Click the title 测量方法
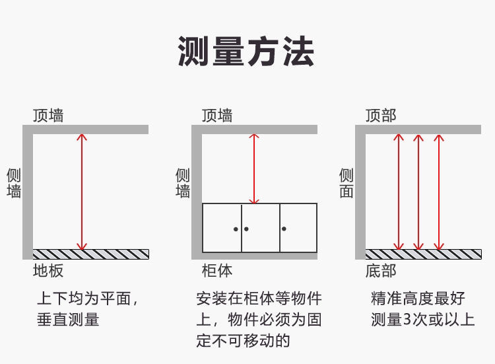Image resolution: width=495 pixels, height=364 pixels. pos(246,52)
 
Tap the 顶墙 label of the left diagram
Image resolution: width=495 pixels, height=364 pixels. pos(48,115)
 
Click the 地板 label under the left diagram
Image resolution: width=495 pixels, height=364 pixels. pos(48,270)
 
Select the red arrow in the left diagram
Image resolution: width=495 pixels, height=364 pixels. pos(82,192)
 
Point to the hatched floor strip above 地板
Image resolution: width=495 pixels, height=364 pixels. pos(91,254)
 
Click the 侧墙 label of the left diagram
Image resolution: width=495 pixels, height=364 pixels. pos(14,183)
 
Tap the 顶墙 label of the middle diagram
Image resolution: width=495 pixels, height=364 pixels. pos(217,115)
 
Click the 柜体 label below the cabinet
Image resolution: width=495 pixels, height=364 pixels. pos(217,270)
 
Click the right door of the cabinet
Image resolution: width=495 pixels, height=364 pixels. pos(298,228)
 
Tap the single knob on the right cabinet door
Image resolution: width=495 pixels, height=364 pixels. pos(284,229)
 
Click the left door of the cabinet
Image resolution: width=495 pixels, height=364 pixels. pos(222,228)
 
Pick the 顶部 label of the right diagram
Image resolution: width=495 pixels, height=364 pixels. pos(381,115)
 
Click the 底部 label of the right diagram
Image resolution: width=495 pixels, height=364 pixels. pos(381,270)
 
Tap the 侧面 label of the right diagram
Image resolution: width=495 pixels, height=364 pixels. pos(346,183)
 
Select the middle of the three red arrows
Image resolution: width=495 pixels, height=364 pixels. pos(418,192)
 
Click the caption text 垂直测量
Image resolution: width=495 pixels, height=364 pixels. pos(68,320)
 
